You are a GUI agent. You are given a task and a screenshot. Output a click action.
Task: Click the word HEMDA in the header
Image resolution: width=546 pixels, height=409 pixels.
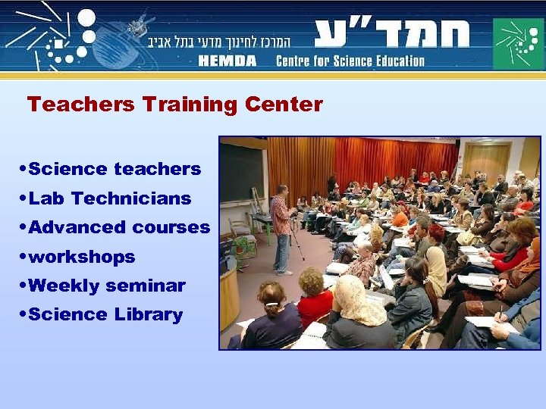point(228,61)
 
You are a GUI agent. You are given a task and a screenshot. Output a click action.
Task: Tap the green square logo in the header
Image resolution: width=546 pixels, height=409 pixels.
point(518,43)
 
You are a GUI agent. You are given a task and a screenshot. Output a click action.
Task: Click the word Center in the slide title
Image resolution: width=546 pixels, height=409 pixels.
point(284,105)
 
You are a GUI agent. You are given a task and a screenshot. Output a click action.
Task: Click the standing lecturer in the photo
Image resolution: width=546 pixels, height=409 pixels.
point(281,227)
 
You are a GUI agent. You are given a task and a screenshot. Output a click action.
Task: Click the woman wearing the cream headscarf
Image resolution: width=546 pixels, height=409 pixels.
point(357,311)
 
